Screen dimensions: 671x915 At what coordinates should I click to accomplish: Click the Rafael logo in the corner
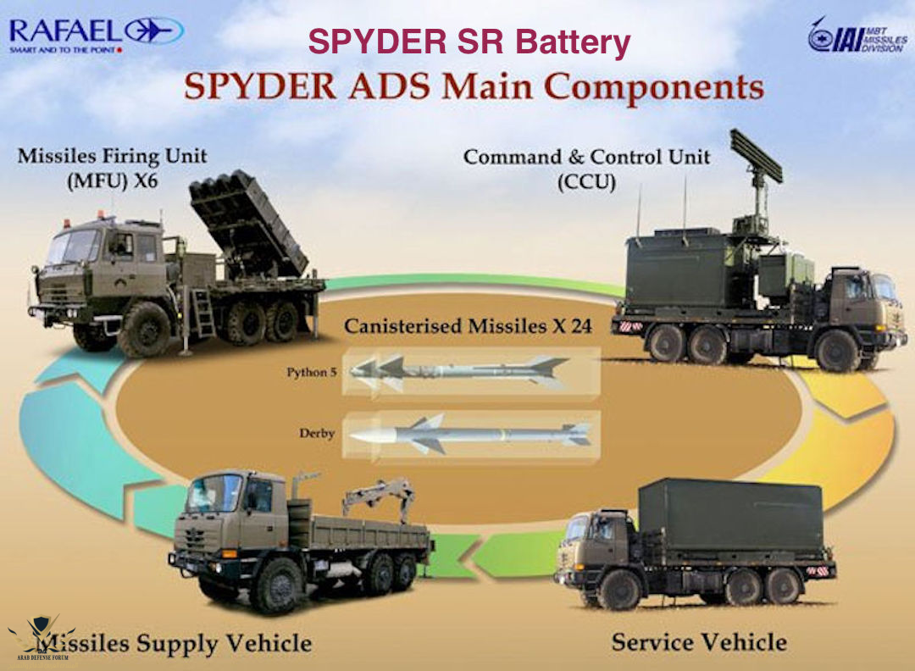[93, 34]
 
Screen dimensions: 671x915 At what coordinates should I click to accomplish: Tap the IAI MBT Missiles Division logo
[856, 38]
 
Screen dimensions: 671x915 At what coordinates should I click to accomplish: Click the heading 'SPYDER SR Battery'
[469, 42]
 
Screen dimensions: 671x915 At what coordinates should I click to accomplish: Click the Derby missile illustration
[471, 434]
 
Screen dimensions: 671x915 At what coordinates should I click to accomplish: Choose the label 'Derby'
[316, 434]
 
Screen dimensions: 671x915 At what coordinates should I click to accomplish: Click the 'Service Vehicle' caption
[699, 641]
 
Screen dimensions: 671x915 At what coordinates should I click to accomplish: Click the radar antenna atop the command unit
[756, 157]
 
